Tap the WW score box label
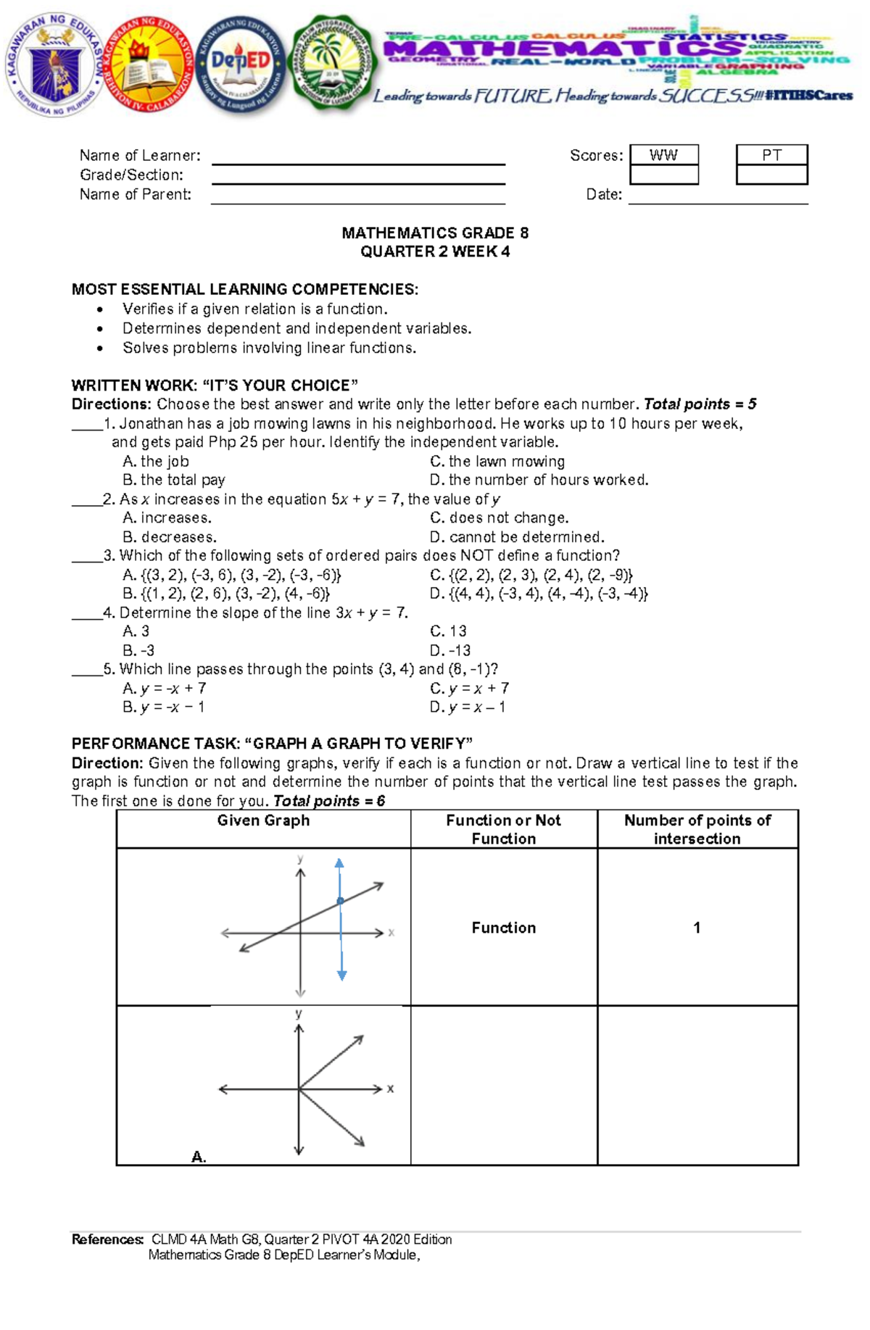click(663, 155)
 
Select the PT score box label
click(771, 155)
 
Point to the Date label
click(604, 194)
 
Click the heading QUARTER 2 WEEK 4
click(435, 252)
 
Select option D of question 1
click(539, 480)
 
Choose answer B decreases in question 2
click(170, 537)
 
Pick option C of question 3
click(531, 575)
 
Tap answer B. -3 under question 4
click(138, 650)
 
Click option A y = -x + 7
click(165, 688)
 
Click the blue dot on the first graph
click(340, 902)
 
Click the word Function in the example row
click(503, 928)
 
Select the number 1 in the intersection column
click(697, 928)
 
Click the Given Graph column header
click(263, 820)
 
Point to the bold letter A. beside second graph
click(199, 1157)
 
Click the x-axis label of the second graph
click(390, 1089)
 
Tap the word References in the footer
click(107, 1239)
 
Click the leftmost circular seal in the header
click(54, 64)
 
